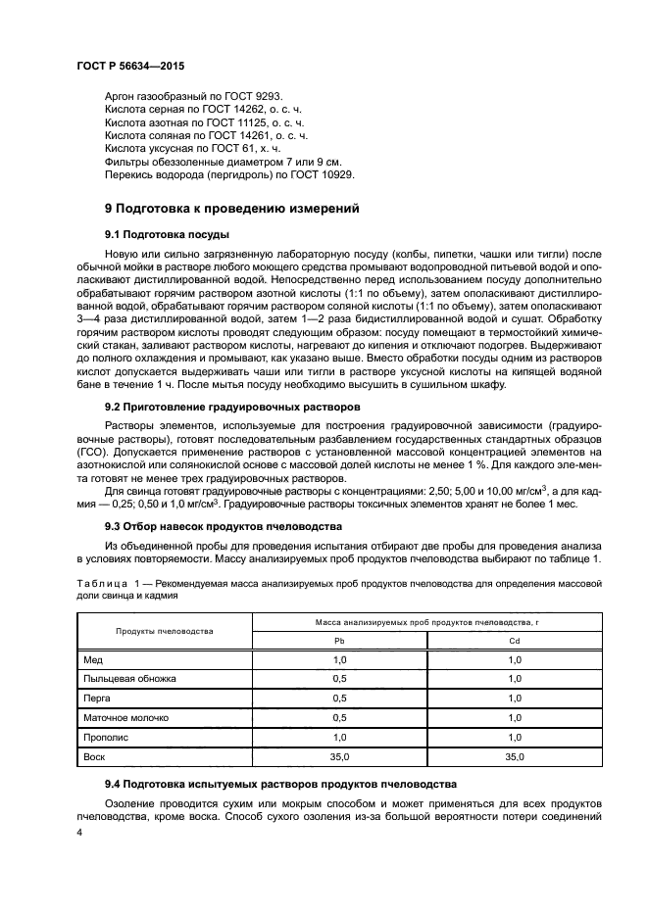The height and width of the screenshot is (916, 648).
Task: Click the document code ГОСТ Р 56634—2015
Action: pyautogui.click(x=129, y=66)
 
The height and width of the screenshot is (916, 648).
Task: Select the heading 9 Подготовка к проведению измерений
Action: pyautogui.click(x=232, y=208)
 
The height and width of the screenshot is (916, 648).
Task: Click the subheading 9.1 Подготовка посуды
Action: pyautogui.click(x=167, y=236)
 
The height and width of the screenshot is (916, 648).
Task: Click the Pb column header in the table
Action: pyautogui.click(x=339, y=641)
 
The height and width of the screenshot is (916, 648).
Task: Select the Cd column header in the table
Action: pyautogui.click(x=515, y=641)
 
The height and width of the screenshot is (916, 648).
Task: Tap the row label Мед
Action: pyautogui.click(x=93, y=661)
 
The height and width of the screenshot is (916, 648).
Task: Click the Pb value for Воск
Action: pyautogui.click(x=339, y=757)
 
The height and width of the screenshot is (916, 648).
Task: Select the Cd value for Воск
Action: pyautogui.click(x=515, y=757)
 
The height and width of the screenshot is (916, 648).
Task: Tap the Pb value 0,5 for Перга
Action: pyautogui.click(x=339, y=698)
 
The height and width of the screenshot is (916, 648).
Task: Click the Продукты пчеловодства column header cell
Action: pyautogui.click(x=166, y=630)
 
